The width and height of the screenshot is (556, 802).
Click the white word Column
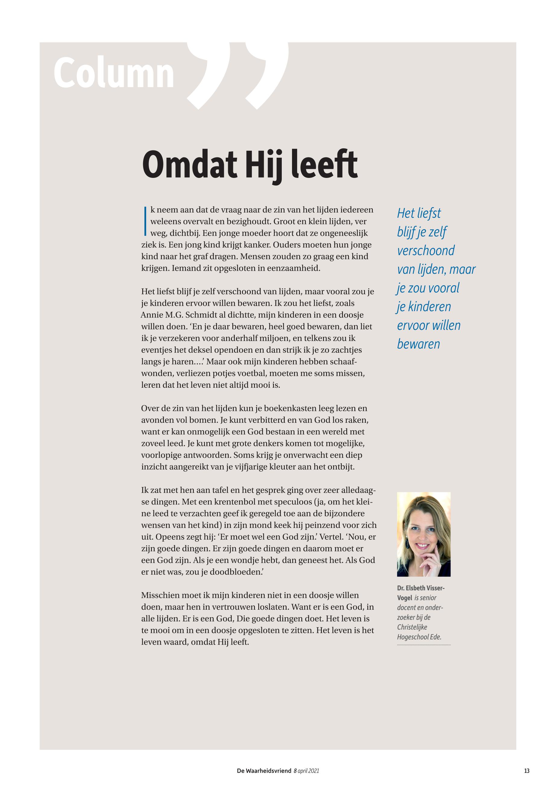114,74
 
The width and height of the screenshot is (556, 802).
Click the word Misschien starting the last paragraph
162,595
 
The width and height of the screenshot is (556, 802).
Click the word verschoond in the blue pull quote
426,251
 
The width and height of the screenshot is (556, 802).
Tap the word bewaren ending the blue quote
418,344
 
